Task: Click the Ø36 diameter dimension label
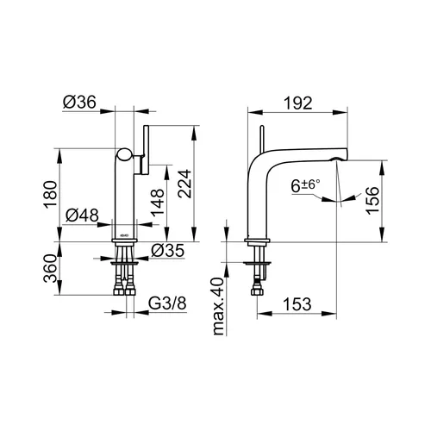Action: (79, 102)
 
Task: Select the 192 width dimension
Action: (298, 103)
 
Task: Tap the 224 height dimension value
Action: (184, 184)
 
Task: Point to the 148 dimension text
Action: (158, 203)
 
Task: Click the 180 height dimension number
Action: (50, 194)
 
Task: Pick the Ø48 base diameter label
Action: (82, 215)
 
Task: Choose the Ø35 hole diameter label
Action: (167, 251)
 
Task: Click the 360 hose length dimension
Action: (50, 268)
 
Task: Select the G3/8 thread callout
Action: (167, 303)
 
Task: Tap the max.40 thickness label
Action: (218, 306)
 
